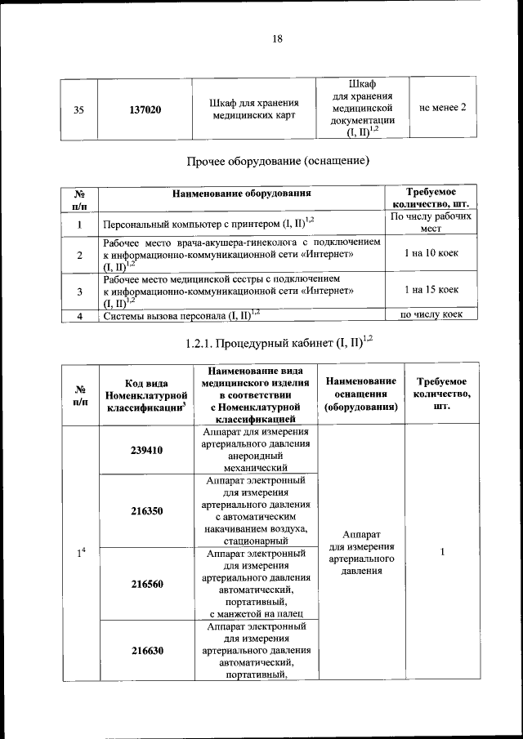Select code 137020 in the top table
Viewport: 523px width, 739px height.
pyautogui.click(x=145, y=109)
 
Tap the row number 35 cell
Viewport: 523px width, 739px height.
pyautogui.click(x=78, y=109)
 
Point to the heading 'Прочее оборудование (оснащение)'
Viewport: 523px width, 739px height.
pyautogui.click(x=278, y=161)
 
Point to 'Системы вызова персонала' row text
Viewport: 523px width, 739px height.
pyautogui.click(x=181, y=314)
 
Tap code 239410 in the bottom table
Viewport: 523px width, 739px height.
pyautogui.click(x=145, y=450)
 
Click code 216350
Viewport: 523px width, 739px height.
pyautogui.click(x=145, y=511)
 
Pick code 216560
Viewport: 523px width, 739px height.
pyautogui.click(x=145, y=585)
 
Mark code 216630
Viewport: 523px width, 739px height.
pyautogui.click(x=145, y=651)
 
